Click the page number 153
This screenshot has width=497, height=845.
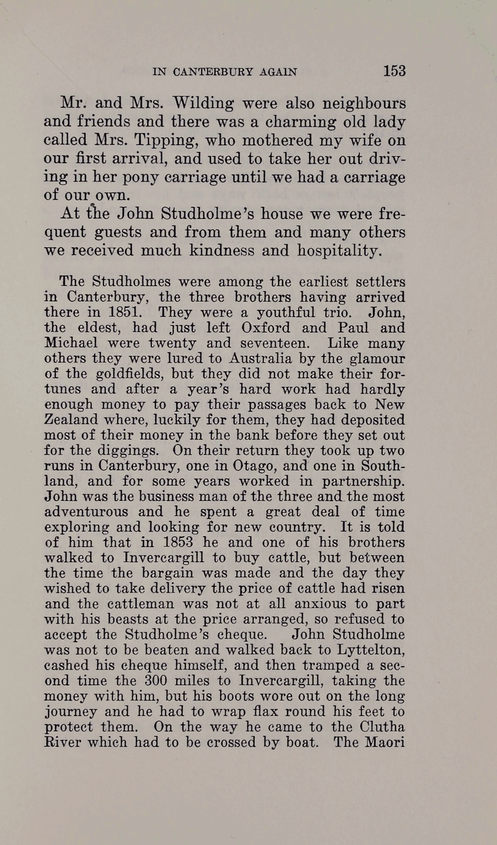pyautogui.click(x=394, y=71)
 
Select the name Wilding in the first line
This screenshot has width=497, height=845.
pyautogui.click(x=203, y=103)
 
